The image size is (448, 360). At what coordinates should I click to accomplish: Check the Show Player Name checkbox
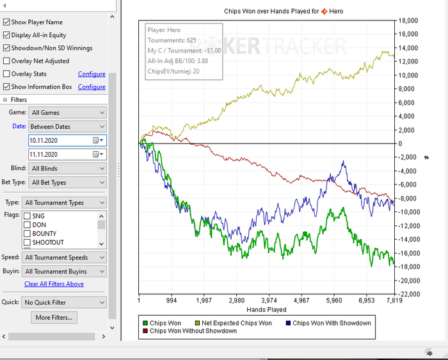coord(6,22)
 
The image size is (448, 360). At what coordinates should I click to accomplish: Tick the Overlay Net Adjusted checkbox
coord(6,61)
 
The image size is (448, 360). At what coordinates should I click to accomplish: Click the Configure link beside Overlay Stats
coord(92,74)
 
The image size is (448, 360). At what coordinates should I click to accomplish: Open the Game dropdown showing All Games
coord(67,112)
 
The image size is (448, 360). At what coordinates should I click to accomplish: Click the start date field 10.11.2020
coord(60,140)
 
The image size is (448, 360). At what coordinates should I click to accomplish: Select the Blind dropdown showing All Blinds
coord(67,168)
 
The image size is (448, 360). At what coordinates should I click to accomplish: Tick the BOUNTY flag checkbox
coord(27,234)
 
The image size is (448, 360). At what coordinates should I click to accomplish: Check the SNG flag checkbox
coord(27,216)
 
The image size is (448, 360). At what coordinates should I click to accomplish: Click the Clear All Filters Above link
coord(54,284)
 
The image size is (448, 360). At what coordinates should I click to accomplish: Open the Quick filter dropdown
coord(64,302)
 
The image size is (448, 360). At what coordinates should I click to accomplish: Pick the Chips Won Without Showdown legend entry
coord(188,331)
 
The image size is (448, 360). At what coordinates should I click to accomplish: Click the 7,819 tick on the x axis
coord(393,300)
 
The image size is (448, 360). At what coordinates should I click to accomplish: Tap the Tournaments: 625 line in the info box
coord(172,40)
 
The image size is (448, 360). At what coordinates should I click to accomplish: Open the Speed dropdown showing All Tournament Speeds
coord(64,258)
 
